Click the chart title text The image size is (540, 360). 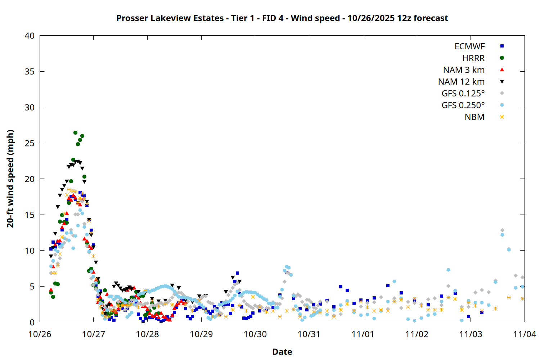click(282, 18)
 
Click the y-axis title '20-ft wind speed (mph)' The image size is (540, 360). click(10, 179)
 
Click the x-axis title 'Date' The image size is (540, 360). click(282, 352)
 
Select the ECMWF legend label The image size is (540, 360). click(469, 46)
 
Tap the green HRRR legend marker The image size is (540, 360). click(502, 58)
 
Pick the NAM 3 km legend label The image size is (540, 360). click(464, 70)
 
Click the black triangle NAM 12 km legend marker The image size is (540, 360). click(502, 82)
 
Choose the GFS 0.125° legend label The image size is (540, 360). click(463, 94)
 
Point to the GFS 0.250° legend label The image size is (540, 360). click(463, 105)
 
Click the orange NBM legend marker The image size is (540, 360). click(502, 117)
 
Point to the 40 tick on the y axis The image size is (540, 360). click(30, 36)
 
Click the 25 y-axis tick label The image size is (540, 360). click(30, 143)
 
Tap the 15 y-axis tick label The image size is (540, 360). click(30, 215)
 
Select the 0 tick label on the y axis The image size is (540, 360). click(32, 322)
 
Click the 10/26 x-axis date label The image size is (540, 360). click(40, 334)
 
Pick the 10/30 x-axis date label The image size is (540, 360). click(255, 334)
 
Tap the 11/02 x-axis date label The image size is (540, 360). click(417, 334)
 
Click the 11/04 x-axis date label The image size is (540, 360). click(524, 334)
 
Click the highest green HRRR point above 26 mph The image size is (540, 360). click(75, 132)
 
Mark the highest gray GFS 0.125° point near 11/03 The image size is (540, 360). click(502, 230)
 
